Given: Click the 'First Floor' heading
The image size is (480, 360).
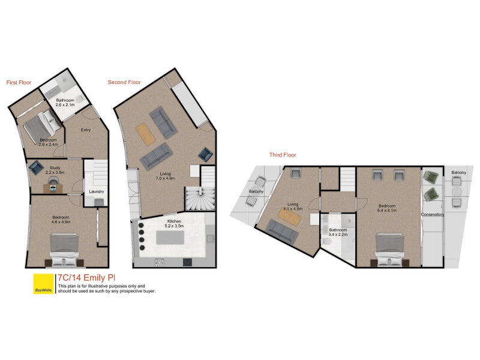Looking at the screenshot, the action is point(19,82).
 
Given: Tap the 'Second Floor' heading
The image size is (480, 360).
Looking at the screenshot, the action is point(124,82).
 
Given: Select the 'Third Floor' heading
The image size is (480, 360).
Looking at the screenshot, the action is point(283,155).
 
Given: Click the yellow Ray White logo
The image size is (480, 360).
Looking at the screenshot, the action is point(43,283).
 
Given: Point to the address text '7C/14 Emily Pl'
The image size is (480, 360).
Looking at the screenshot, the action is point(86,278).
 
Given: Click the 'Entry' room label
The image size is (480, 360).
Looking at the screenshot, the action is point(86,130).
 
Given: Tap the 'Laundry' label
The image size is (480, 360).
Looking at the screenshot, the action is point(97,191).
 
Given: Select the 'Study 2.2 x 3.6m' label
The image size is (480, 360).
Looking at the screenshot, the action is point(55,170).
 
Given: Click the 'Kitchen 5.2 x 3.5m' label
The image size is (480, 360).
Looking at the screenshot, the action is point(174,223).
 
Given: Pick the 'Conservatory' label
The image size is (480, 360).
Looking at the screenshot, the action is point(433,214).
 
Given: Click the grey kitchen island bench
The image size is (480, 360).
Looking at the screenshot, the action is point(170,237).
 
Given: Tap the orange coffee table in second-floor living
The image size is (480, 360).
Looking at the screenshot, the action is point(146,134).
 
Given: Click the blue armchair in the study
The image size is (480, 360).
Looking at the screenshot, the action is point(36,167).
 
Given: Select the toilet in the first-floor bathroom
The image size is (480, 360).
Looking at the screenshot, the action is point(79,99).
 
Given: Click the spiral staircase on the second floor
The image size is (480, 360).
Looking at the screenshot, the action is point(200,199).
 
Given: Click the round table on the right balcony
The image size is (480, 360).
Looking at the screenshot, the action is point(457,192).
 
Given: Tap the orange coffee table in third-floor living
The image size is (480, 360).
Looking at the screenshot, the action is point(290,216).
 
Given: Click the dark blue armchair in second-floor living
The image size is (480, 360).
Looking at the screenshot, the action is point(205,155).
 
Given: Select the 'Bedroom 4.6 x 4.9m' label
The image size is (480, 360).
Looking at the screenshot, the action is point(61,220).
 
